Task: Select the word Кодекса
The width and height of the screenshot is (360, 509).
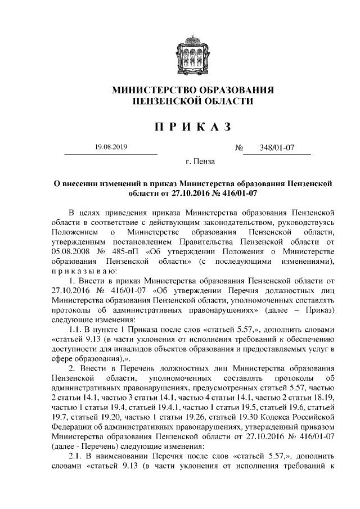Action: [x=274, y=415]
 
